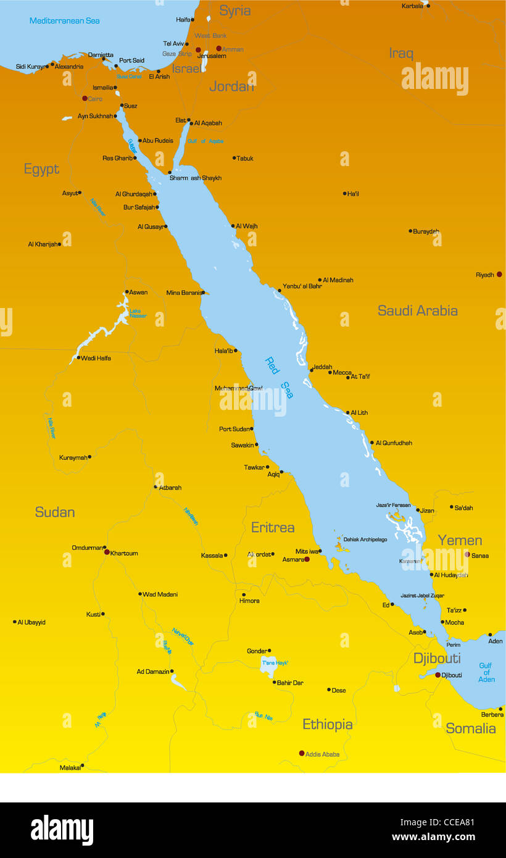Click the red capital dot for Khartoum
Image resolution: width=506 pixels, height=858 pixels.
[x=107, y=552]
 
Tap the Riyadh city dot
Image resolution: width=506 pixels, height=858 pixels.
[x=499, y=274]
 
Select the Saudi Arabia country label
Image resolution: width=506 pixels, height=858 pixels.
[x=418, y=310]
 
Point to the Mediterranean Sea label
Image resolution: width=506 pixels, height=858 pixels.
[x=65, y=21]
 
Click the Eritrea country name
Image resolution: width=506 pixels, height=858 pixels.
[x=273, y=527]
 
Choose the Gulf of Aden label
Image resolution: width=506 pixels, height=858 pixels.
[x=486, y=672]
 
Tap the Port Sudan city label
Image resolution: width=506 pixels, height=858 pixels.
[x=234, y=429]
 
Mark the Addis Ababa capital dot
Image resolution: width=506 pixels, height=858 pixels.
[x=302, y=753]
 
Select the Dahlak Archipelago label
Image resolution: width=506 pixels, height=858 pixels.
[x=365, y=539]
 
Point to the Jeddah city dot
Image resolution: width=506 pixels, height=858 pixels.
[x=312, y=370]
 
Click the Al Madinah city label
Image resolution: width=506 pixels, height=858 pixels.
[x=338, y=280]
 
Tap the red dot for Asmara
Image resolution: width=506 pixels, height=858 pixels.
[x=307, y=559]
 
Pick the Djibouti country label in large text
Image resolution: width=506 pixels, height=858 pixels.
[x=437, y=658]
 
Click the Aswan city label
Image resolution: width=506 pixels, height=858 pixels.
[x=138, y=293]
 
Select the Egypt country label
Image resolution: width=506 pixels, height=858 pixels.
[x=41, y=169]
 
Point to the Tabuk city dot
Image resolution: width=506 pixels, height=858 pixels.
[x=234, y=158]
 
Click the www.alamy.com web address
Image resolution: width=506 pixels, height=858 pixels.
[x=433, y=838]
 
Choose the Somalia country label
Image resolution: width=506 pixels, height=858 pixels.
[x=471, y=728]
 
